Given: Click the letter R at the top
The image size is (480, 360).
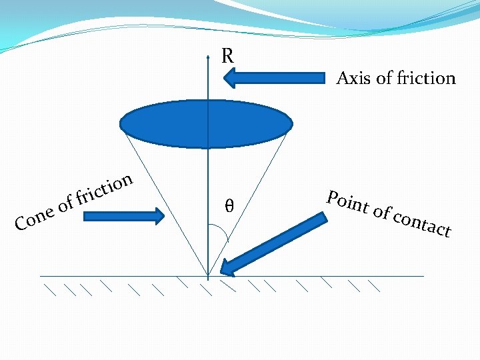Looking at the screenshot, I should point(227,56).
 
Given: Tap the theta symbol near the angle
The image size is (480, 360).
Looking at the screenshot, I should point(229,207).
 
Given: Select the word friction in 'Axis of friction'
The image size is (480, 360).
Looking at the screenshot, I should point(425,79).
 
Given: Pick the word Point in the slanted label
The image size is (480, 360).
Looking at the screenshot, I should point(347,201).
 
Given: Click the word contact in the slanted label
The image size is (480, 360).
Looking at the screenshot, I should point(423,223).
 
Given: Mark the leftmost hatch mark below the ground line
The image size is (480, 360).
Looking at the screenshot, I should point(51,289).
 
